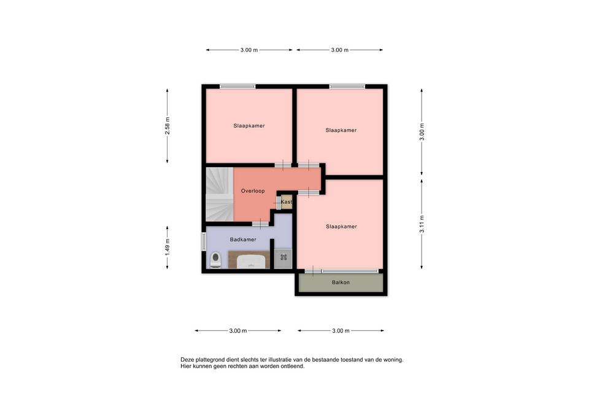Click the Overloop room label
[x=253, y=191]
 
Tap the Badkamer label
[x=243, y=240]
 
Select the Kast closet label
[x=287, y=202]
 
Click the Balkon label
[x=341, y=283]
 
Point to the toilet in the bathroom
[x=215, y=260]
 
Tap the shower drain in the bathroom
[x=283, y=257]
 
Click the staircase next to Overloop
[x=220, y=195]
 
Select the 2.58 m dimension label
[x=167, y=126]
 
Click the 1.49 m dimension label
[x=167, y=247]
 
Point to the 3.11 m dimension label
[x=422, y=224]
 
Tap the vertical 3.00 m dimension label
[x=422, y=132]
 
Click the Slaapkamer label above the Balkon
[x=342, y=227]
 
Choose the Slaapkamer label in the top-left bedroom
[x=249, y=125]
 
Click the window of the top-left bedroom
[x=238, y=87]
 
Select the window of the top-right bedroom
[x=347, y=87]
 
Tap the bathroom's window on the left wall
[x=204, y=241]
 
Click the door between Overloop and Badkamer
[x=260, y=224]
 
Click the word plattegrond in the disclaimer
[x=210, y=360]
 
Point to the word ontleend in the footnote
[x=293, y=366]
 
